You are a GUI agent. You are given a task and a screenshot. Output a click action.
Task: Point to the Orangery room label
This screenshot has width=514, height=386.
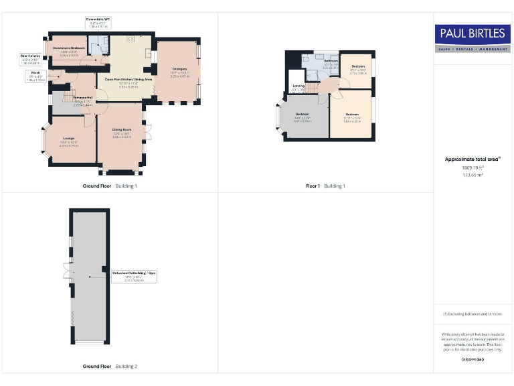179,71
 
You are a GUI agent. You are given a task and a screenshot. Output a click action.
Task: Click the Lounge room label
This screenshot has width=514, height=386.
70,143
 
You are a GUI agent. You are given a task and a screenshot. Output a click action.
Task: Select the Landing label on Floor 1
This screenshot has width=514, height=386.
298,87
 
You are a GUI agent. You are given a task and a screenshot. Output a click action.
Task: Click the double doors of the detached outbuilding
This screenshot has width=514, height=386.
68,271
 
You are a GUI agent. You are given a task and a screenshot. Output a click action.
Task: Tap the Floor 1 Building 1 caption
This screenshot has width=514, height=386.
325,186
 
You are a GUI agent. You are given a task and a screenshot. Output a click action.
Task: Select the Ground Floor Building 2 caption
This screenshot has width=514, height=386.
110,367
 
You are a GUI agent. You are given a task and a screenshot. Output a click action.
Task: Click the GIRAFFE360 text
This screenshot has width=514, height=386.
473,360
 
